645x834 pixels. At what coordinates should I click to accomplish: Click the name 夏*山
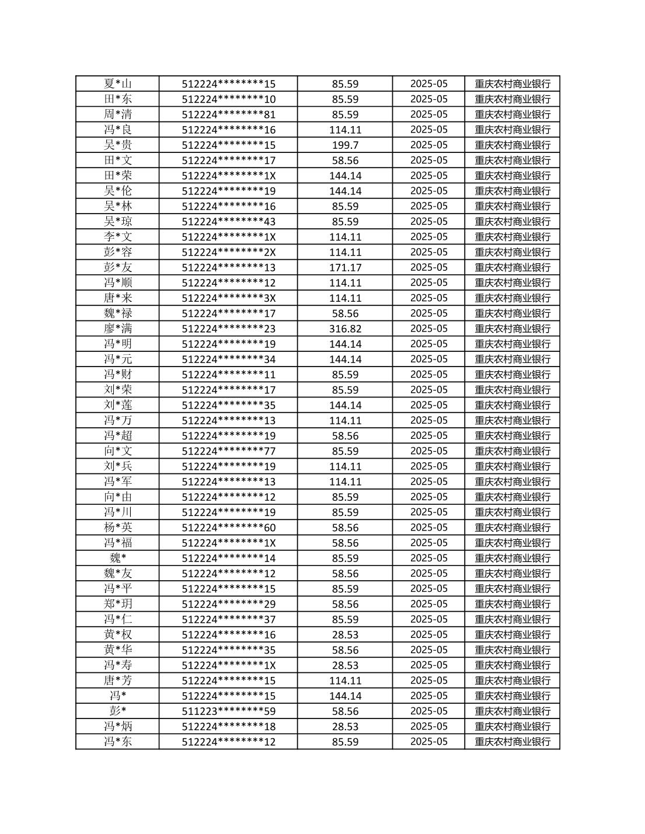[x=118, y=83]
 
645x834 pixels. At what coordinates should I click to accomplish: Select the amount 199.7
[x=345, y=145]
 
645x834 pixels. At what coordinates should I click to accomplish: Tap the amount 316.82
[x=345, y=329]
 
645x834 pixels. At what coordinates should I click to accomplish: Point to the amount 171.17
[x=345, y=267]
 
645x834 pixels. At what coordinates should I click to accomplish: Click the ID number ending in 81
[x=229, y=114]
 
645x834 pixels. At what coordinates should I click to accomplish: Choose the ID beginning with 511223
[x=229, y=711]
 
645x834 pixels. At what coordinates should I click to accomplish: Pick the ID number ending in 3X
[x=229, y=298]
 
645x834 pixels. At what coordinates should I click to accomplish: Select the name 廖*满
[x=118, y=329]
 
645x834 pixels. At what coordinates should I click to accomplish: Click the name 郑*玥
[x=118, y=604]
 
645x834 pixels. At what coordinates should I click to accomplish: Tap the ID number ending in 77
[x=229, y=451]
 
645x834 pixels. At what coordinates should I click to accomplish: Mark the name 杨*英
[x=118, y=527]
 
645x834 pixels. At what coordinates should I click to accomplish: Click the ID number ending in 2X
[x=229, y=252]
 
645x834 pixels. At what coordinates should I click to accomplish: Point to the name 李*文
[x=118, y=236]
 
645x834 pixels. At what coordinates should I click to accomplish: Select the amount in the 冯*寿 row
[x=345, y=665]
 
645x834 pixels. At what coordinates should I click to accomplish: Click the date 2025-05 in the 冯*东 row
[x=429, y=742]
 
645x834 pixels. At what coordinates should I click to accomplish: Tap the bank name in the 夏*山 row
[x=512, y=83]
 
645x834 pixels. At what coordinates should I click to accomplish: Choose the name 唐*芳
[x=118, y=681]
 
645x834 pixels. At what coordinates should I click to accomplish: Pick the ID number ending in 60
[x=229, y=527]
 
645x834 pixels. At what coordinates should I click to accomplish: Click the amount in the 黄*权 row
[x=345, y=634]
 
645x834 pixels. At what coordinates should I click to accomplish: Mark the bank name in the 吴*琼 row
[x=512, y=221]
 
